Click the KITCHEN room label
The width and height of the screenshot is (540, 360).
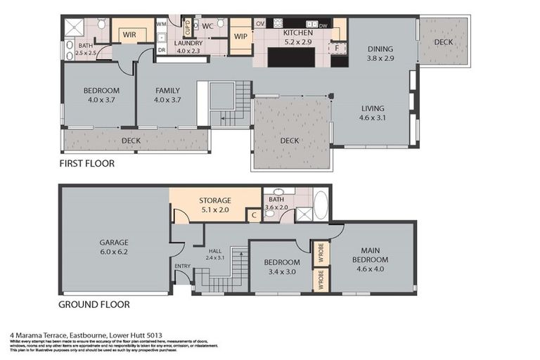(297, 32)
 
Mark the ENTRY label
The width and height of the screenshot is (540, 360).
(183, 265)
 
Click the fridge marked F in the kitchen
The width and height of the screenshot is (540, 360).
(337, 48)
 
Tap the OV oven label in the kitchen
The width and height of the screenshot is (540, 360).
(260, 24)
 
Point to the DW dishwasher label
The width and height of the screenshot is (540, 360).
(323, 25)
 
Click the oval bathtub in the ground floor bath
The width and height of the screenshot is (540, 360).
(321, 205)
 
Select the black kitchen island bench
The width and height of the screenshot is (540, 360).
(290, 57)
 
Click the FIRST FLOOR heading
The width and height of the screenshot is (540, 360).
(88, 163)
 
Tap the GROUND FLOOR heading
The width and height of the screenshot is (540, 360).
(94, 304)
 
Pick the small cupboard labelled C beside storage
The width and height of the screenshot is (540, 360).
(254, 215)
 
